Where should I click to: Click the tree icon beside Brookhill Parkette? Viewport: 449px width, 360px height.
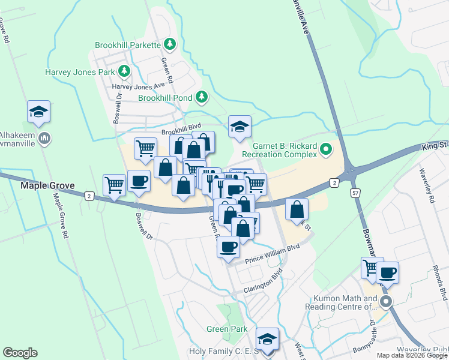[170, 44]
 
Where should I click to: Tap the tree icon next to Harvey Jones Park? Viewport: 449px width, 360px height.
[124, 71]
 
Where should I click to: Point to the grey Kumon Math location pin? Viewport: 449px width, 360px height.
[387, 302]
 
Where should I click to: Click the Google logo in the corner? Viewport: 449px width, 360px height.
[20, 353]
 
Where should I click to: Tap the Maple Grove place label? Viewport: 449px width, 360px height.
[47, 186]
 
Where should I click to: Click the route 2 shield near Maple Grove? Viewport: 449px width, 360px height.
[89, 196]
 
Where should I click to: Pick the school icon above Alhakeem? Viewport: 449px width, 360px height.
[38, 112]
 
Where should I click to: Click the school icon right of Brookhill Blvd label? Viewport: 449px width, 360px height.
[240, 127]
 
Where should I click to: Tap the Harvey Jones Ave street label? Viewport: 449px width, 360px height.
[138, 86]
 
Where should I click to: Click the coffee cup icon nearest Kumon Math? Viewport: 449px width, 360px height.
[387, 272]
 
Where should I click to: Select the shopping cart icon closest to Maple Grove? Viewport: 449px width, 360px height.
[114, 185]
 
